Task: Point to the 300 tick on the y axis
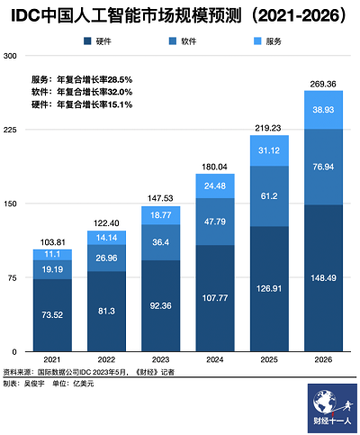(11, 56)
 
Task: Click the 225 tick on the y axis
(11, 129)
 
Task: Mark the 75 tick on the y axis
(11, 276)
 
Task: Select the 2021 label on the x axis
(53, 358)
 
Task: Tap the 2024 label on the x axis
(215, 358)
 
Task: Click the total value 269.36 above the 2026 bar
(323, 83)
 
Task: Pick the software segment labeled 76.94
(323, 167)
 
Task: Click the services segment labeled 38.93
(323, 109)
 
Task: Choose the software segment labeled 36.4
(161, 241)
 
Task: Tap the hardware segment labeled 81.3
(107, 311)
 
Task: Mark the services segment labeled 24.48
(215, 186)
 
